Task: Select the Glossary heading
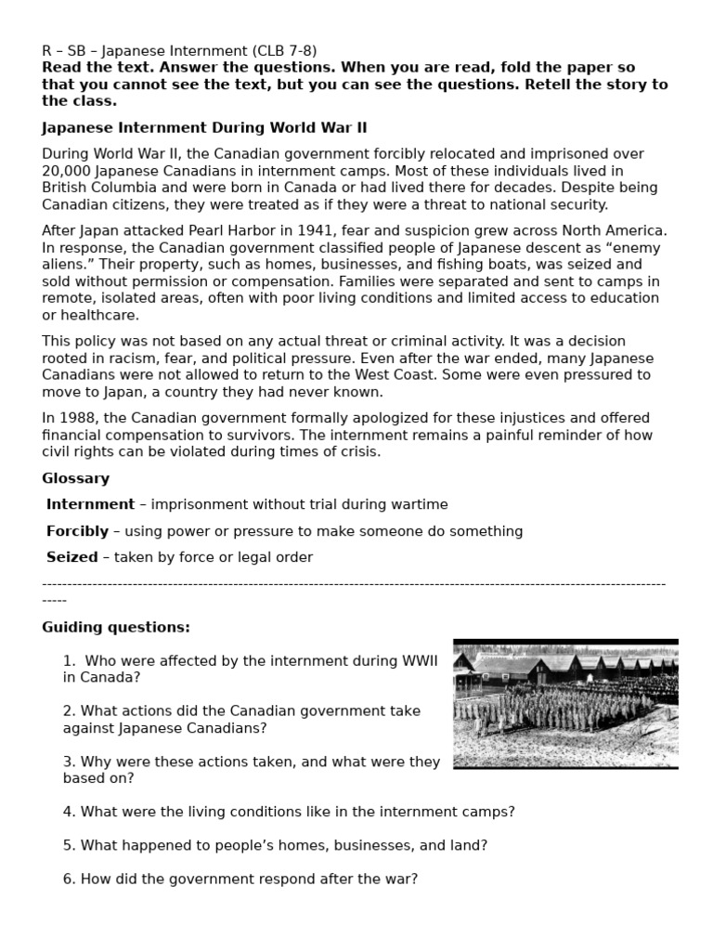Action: (x=75, y=478)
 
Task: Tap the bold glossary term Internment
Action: (x=90, y=504)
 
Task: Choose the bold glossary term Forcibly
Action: (x=77, y=531)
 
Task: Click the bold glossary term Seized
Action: (x=71, y=557)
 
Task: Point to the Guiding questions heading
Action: (x=116, y=627)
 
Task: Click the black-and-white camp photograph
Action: (x=565, y=703)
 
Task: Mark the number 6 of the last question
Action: (x=68, y=879)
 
